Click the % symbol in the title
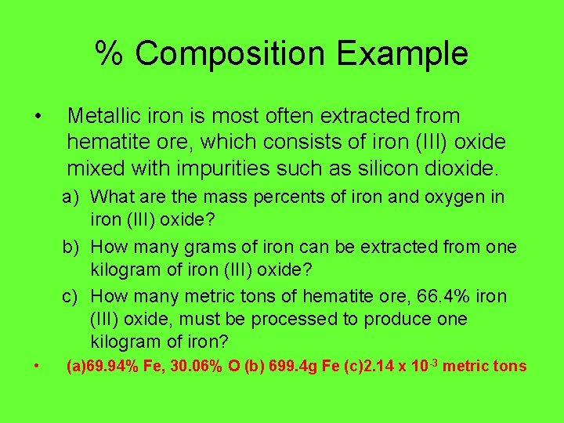point(110,54)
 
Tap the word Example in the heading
point(404,54)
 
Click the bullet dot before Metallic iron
point(38,117)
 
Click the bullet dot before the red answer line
point(38,366)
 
